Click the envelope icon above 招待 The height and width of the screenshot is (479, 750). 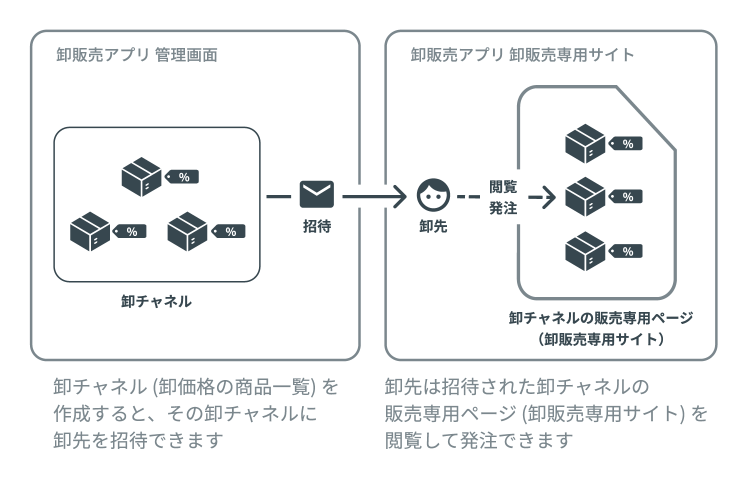(x=316, y=194)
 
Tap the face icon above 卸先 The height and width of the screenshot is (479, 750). (x=433, y=195)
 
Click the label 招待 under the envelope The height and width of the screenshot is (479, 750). (x=316, y=226)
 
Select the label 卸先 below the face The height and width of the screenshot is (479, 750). (x=433, y=226)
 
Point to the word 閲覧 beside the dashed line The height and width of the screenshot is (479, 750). (x=503, y=187)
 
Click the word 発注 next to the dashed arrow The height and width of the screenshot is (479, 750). (x=503, y=208)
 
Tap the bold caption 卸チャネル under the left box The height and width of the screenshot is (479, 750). (x=156, y=301)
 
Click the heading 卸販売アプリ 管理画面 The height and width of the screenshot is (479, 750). (x=137, y=55)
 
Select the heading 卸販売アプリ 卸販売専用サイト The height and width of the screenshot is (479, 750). (x=522, y=55)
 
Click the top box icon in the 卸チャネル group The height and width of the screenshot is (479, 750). (x=141, y=176)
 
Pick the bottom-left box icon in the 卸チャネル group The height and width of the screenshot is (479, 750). (x=89, y=231)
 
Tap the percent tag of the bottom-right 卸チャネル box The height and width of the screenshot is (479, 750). (x=229, y=231)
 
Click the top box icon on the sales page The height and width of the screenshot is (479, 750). (x=585, y=143)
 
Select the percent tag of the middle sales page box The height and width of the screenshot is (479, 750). (x=625, y=196)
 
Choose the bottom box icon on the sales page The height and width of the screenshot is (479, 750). (x=585, y=251)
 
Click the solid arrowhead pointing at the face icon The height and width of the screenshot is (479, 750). (x=400, y=196)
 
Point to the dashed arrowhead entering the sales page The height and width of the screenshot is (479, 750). (x=549, y=197)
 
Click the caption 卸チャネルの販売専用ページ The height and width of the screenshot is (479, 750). (x=601, y=318)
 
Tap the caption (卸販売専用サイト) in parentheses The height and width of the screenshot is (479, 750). (x=601, y=339)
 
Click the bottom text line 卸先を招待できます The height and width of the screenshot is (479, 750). (x=138, y=440)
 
